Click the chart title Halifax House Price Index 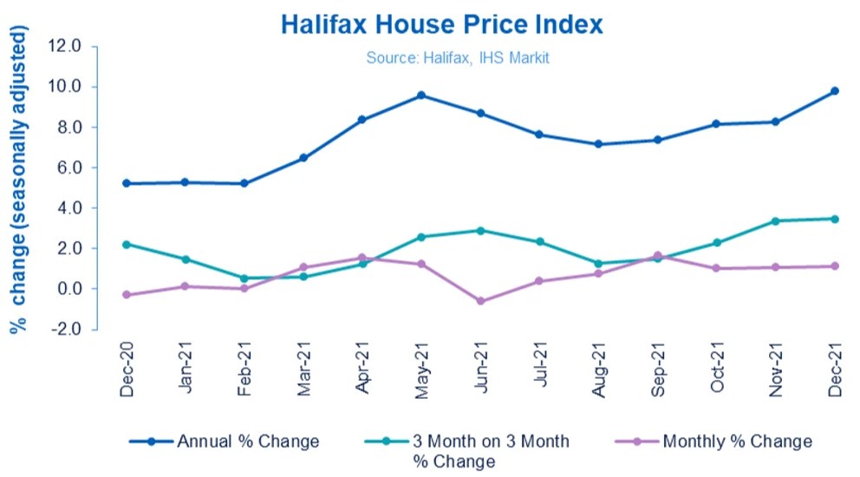click(441, 24)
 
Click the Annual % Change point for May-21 click(421, 95)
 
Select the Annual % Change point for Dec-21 click(835, 91)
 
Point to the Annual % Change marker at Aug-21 click(598, 144)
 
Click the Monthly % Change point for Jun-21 click(480, 301)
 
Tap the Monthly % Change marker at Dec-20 click(127, 295)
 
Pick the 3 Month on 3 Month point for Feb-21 click(244, 278)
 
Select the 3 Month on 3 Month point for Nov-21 click(776, 221)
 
